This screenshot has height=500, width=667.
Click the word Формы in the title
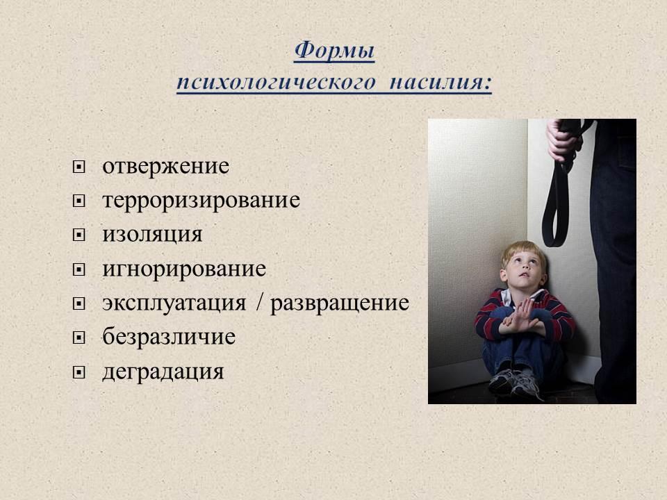[x=334, y=51]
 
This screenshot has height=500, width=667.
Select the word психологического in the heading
[x=277, y=82]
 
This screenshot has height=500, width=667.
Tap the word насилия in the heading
[x=440, y=82]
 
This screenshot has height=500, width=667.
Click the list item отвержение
[x=165, y=166]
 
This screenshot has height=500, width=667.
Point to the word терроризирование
[x=201, y=200]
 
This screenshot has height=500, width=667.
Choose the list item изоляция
[x=152, y=235]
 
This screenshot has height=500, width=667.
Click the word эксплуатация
[x=174, y=303]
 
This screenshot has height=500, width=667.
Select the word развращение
[x=340, y=303]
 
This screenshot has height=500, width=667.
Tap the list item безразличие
[x=169, y=337]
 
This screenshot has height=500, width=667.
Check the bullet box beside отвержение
[x=79, y=167]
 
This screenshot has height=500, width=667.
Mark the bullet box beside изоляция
[x=79, y=235]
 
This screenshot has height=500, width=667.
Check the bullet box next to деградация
[x=79, y=373]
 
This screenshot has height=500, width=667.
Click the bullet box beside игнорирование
[x=79, y=269]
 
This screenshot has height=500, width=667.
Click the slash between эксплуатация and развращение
[x=259, y=302]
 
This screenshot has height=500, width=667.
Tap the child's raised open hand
[x=522, y=314]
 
